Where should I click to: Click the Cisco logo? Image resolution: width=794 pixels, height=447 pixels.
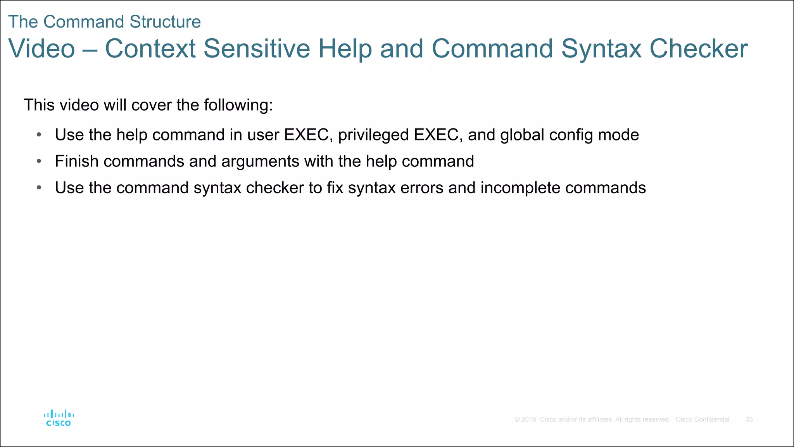(x=59, y=418)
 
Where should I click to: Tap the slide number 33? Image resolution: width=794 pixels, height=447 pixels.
(x=749, y=419)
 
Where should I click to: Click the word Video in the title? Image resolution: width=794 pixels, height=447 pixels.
(x=41, y=49)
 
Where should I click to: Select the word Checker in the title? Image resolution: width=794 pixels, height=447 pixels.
(x=699, y=49)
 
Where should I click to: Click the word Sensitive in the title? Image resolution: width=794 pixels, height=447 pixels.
(x=257, y=49)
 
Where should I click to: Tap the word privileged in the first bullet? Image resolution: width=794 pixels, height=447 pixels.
(x=373, y=135)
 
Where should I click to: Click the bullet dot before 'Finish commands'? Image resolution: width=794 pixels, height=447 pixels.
(x=39, y=161)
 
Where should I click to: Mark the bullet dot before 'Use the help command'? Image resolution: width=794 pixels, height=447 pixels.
(x=39, y=135)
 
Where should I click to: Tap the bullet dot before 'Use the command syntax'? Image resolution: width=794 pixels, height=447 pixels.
(x=39, y=188)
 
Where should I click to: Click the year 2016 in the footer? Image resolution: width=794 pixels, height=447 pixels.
(x=528, y=419)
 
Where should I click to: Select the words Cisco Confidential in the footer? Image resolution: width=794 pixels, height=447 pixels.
(x=703, y=419)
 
